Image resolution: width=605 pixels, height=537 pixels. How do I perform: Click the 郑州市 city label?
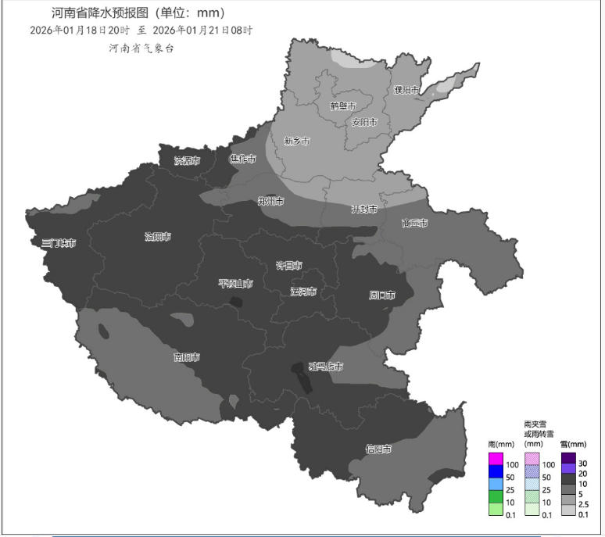pyautogui.click(x=271, y=201)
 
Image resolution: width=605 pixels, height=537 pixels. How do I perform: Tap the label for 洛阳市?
pyautogui.click(x=158, y=236)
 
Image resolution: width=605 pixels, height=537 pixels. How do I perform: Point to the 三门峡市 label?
pyautogui.click(x=59, y=243)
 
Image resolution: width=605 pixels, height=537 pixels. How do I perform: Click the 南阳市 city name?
pyautogui.click(x=186, y=357)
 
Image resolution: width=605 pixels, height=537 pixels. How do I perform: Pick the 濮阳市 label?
pyautogui.click(x=406, y=90)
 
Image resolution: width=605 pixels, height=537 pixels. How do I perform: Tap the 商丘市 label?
pyautogui.click(x=414, y=224)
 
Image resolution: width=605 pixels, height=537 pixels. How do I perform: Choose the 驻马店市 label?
pyautogui.click(x=326, y=366)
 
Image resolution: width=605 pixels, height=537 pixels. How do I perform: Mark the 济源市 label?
pyautogui.click(x=187, y=160)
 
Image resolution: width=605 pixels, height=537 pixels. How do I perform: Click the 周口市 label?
pyautogui.click(x=381, y=295)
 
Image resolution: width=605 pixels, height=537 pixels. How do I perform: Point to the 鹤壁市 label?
pyautogui.click(x=342, y=106)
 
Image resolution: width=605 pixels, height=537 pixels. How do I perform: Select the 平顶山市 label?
pyautogui.click(x=234, y=283)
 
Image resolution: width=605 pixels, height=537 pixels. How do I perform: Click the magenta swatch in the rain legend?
pyautogui.click(x=496, y=458)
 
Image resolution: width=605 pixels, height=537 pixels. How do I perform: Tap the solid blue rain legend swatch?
pyautogui.click(x=496, y=471)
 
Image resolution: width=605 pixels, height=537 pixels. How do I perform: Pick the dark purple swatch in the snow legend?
pyautogui.click(x=568, y=458)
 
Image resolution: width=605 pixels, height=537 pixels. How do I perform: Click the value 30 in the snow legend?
pyautogui.click(x=583, y=464)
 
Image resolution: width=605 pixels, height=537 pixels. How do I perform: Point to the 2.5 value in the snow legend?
pyautogui.click(x=584, y=504)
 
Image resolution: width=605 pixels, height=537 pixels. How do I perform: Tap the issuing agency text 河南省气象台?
pyautogui.click(x=141, y=48)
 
